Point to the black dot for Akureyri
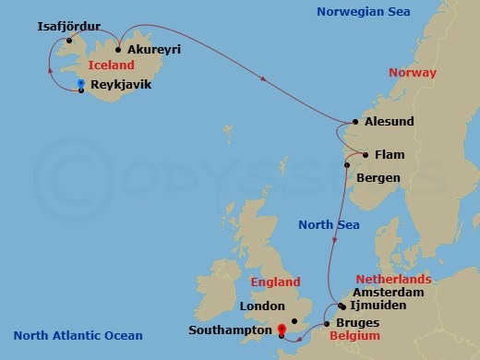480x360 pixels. tap(119, 50)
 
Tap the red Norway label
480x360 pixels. tap(413, 72)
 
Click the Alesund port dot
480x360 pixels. tap(355, 121)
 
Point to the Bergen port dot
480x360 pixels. tap(347, 165)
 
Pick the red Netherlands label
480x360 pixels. tap(394, 278)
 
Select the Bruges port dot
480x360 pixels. tap(327, 323)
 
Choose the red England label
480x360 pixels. tap(276, 282)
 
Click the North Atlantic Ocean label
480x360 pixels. tap(72, 335)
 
